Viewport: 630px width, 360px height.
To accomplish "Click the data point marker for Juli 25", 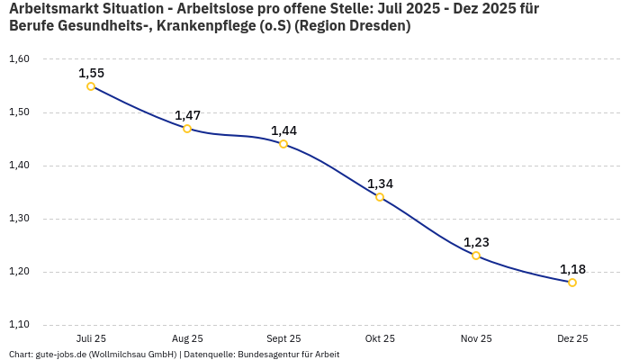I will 91,86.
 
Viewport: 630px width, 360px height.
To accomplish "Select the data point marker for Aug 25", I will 187,129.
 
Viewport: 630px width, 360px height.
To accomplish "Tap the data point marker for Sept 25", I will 283,144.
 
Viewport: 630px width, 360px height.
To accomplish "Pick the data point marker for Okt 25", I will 380,197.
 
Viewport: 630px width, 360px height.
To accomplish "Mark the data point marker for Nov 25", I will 476,256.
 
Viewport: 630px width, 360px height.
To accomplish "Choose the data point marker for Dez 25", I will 572,283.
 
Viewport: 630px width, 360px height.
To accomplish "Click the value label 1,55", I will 91,73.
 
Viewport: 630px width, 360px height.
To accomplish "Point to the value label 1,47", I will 187,115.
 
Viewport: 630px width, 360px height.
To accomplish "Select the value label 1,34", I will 380,184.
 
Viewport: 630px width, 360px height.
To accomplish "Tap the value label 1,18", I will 572,269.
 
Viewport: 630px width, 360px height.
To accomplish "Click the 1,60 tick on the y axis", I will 19,59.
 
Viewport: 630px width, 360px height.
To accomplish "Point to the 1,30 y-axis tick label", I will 19,219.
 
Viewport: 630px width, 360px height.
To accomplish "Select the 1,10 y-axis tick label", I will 19,325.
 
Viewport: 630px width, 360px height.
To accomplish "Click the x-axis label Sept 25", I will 283,338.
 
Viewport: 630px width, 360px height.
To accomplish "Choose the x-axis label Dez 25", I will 572,338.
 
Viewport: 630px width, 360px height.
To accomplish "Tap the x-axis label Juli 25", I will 91,338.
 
